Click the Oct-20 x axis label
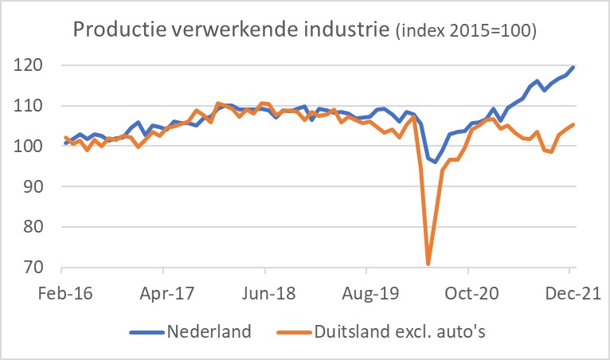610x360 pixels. (472, 292)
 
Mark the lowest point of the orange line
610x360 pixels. (428, 264)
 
